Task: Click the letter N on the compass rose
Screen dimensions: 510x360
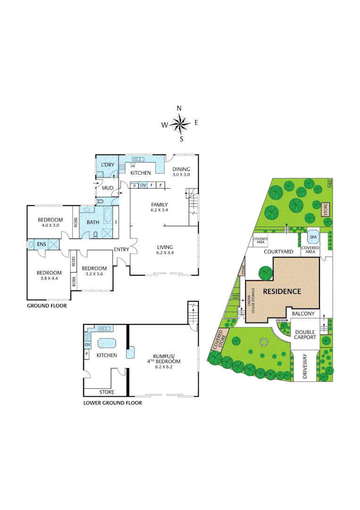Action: pyautogui.click(x=179, y=109)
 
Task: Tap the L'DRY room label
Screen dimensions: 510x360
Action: pyautogui.click(x=108, y=164)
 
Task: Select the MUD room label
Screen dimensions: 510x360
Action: pyautogui.click(x=107, y=189)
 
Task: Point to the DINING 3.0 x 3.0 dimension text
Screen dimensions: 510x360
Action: pyautogui.click(x=181, y=175)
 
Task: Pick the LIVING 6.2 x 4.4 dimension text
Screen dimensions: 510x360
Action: pyautogui.click(x=165, y=253)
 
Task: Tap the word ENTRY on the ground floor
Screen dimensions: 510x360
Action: pyautogui.click(x=121, y=249)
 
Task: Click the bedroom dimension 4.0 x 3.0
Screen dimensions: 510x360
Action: pyautogui.click(x=50, y=226)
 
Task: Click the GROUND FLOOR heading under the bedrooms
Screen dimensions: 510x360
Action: pyautogui.click(x=46, y=306)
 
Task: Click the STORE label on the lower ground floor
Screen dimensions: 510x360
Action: pyautogui.click(x=107, y=392)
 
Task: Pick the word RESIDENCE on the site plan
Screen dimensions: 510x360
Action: pyautogui.click(x=281, y=291)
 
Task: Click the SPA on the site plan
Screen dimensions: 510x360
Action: pyautogui.click(x=312, y=237)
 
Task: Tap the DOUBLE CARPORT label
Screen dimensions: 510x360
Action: pyautogui.click(x=305, y=334)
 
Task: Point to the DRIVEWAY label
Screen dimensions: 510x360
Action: pyautogui.click(x=305, y=366)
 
